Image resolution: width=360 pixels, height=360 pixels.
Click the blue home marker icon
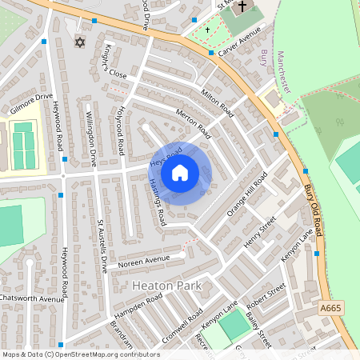(180, 172)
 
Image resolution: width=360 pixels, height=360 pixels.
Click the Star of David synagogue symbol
(78, 42)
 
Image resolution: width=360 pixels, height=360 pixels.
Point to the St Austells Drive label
(102, 246)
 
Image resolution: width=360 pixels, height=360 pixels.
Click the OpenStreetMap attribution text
(80, 354)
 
